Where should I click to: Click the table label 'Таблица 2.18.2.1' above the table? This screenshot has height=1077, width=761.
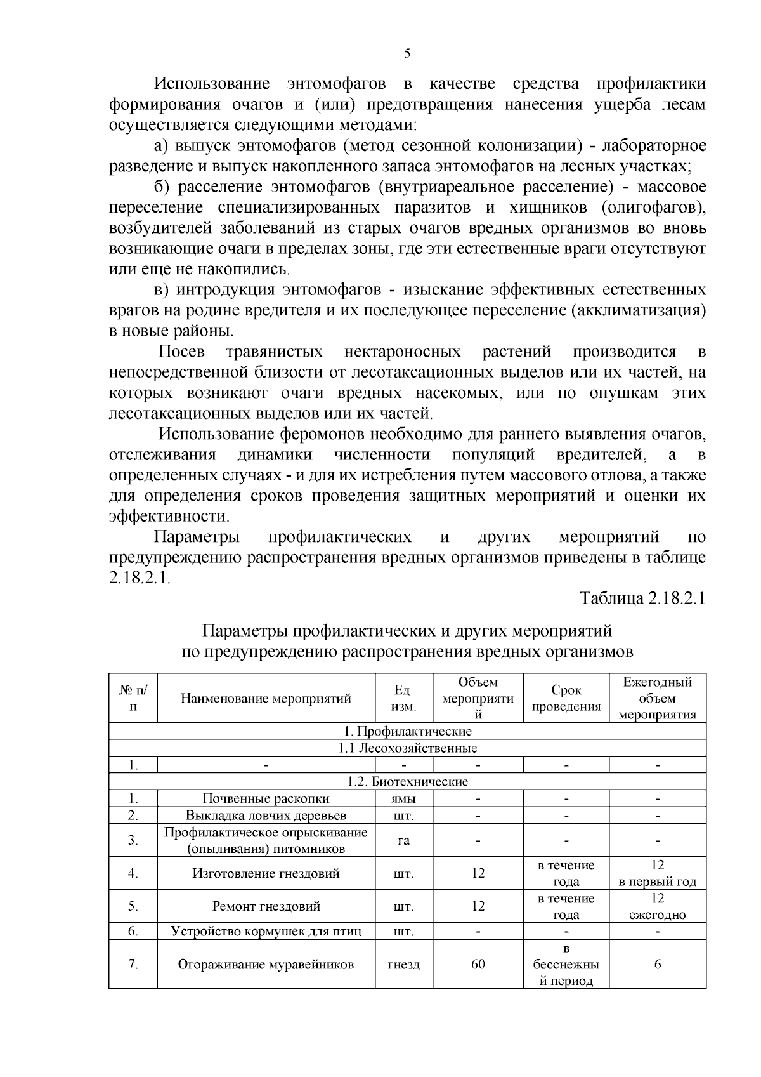coord(642,599)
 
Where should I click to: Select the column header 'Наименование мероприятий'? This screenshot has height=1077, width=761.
coord(266,699)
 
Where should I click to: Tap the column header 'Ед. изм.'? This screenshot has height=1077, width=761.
coord(403,698)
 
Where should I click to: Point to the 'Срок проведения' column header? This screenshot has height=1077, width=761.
coord(566,698)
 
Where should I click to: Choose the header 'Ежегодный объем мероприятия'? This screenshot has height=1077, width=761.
coord(657,698)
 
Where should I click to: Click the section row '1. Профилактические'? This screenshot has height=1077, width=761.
coord(407,731)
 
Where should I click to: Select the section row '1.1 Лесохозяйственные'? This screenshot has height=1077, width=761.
coord(407,748)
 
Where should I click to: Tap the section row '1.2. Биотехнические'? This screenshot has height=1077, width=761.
coord(407,781)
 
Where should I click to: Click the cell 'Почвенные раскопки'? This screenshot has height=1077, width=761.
coord(266,798)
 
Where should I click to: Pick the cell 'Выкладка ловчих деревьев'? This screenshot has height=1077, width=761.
coord(266,815)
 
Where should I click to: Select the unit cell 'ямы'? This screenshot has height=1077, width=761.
coord(403,798)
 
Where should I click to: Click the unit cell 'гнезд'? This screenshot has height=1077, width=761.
coord(403,965)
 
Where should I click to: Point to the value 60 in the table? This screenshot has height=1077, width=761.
coord(478,965)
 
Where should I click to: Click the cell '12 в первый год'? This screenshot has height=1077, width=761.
coord(657,873)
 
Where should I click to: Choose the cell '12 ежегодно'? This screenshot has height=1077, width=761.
coord(657,906)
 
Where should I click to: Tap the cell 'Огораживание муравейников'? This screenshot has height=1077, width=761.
coord(266,965)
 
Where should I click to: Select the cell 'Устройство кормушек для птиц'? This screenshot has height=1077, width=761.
coord(266,932)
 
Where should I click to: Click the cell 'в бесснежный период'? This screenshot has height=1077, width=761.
coord(566,965)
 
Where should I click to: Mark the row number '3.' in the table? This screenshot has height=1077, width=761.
coord(133,840)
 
